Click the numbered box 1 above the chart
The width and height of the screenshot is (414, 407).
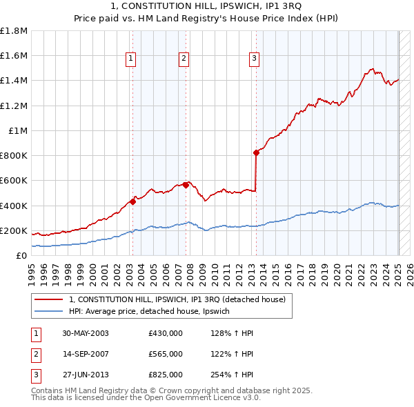pos(130,59)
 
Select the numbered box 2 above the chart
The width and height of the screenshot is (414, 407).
pos(184,59)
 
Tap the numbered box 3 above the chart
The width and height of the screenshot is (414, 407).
pos(254,59)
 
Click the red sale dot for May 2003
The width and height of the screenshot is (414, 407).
pos(133,202)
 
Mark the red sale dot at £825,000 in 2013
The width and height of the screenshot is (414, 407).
pos(256,152)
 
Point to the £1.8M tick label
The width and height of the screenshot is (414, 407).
pos(14,31)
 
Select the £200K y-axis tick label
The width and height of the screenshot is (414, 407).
pos(14,230)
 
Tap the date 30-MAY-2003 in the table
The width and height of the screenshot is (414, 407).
pos(86,333)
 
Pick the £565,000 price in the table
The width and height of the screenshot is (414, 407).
pos(166,354)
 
